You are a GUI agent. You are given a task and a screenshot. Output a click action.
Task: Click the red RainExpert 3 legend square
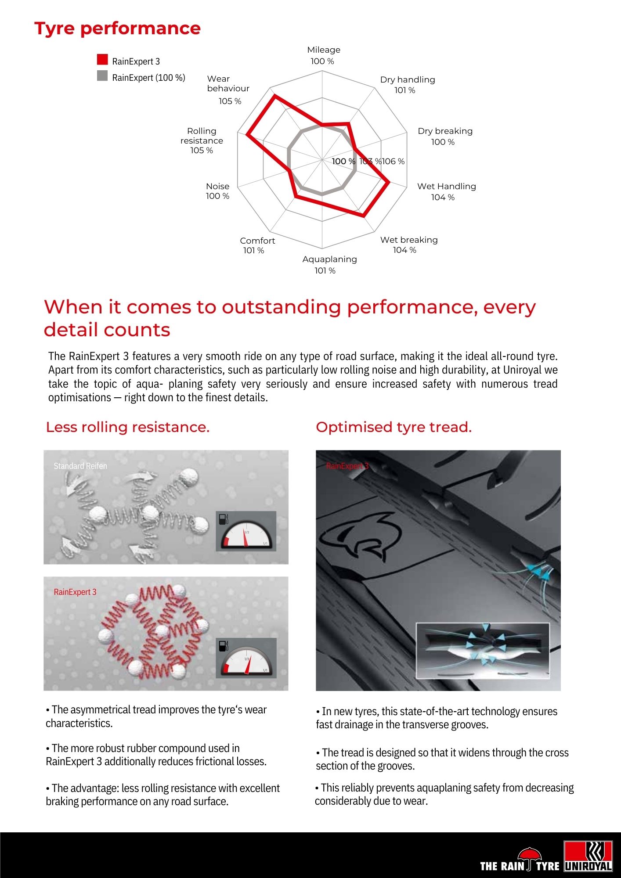[102, 60]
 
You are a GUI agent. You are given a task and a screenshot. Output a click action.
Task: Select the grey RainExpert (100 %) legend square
[102, 76]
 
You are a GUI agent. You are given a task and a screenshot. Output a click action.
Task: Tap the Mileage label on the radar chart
[324, 50]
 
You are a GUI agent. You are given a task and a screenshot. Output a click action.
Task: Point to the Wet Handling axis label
[446, 187]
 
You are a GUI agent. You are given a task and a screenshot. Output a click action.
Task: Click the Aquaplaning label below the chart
[329, 259]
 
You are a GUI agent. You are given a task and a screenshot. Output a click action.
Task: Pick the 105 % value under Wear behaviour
[230, 101]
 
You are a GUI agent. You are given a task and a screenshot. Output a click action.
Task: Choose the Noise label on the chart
[217, 187]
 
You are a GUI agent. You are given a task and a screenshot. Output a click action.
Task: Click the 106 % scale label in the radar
[394, 162]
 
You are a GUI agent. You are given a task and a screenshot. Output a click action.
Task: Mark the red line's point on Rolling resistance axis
[248, 134]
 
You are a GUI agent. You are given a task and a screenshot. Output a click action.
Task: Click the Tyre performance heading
[118, 29]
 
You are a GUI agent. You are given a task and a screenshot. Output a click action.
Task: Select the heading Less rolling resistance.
[128, 427]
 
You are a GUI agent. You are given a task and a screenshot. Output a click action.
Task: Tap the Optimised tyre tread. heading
[394, 427]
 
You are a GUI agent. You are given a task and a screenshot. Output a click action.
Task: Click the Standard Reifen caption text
[80, 466]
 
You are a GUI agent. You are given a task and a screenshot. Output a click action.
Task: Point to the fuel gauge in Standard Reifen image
[246, 532]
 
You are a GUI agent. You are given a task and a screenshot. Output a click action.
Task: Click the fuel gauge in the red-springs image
[246, 658]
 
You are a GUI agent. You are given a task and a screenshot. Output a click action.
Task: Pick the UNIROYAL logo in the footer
[588, 856]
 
